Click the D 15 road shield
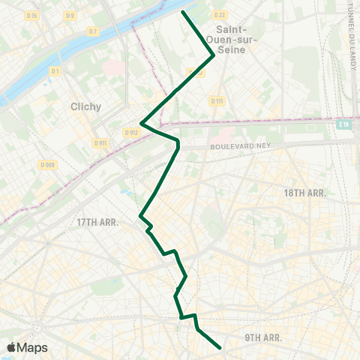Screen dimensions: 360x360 point(31,15)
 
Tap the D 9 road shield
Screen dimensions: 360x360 point(70,15)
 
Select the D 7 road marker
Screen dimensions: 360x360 point(92,31)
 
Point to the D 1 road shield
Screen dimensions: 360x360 point(55,70)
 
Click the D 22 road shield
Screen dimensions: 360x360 point(219,15)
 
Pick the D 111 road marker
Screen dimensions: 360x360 point(217,100)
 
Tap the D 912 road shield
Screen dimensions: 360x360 point(132,133)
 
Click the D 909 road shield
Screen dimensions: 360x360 point(47,165)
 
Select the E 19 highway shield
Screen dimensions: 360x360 point(344,124)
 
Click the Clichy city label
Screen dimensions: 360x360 point(85,106)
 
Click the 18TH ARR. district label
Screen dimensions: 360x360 point(304,193)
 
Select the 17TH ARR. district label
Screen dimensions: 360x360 point(98,222)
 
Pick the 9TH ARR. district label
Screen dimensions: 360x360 point(263,338)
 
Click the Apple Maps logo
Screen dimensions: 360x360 point(27,347)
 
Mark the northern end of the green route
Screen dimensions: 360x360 point(184,12)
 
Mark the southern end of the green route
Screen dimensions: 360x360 point(219,347)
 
